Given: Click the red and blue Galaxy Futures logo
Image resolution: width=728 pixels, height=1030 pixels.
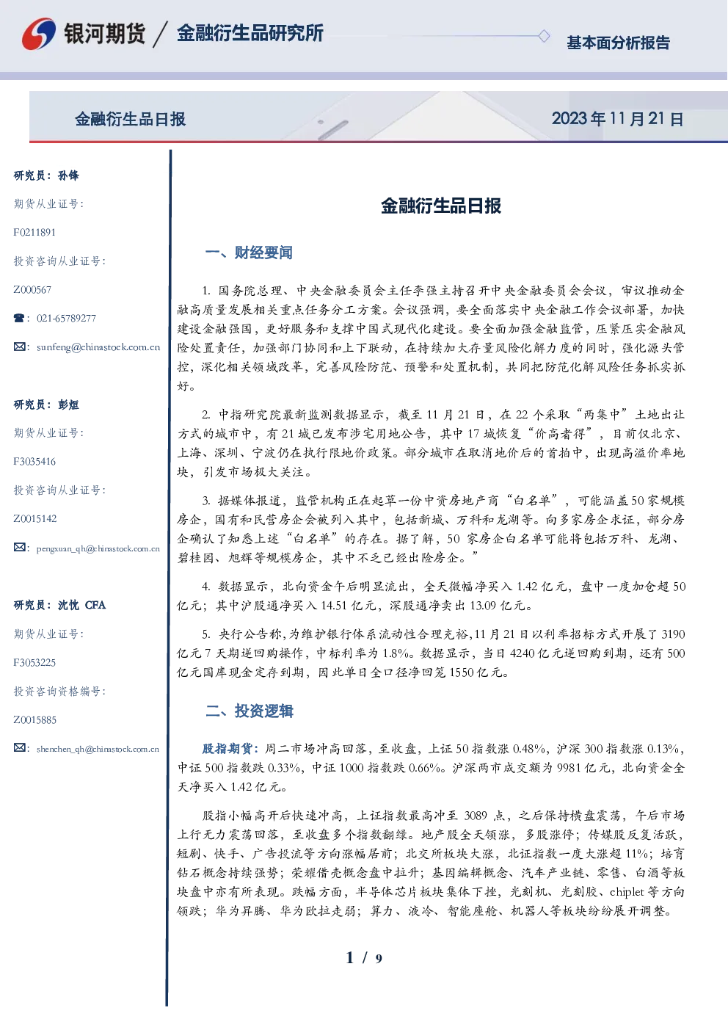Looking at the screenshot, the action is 39,33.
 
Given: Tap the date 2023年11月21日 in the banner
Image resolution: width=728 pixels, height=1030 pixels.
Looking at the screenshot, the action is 617,119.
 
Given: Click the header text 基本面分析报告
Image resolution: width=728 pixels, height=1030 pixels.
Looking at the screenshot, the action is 618,43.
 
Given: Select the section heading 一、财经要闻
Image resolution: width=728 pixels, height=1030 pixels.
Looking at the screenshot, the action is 249,253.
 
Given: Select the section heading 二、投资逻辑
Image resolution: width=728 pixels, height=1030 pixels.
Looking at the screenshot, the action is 249,711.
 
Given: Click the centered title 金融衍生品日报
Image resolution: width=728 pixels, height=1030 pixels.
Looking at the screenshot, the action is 441,206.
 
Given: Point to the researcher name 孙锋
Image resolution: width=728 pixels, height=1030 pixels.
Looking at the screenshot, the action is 68,175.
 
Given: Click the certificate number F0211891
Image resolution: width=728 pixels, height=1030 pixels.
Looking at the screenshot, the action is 34,232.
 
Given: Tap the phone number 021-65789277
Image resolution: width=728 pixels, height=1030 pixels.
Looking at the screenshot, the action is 66,318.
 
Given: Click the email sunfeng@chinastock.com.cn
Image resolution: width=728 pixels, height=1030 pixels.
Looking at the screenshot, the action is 98,347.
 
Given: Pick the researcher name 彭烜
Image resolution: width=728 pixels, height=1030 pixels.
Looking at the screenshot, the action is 68,405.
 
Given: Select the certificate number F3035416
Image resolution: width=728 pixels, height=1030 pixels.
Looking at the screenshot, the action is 34,462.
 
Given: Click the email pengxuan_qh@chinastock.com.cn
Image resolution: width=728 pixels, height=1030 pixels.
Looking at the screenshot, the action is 98,548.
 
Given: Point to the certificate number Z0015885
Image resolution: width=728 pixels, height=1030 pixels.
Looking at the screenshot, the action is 35,720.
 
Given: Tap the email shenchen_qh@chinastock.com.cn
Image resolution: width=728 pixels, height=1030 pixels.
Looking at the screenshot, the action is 98,749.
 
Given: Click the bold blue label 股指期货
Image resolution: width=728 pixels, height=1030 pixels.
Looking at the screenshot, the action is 227,749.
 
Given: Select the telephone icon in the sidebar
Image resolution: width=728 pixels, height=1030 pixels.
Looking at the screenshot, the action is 19,318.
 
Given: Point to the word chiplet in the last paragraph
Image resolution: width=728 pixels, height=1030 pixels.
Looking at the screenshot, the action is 627,892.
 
